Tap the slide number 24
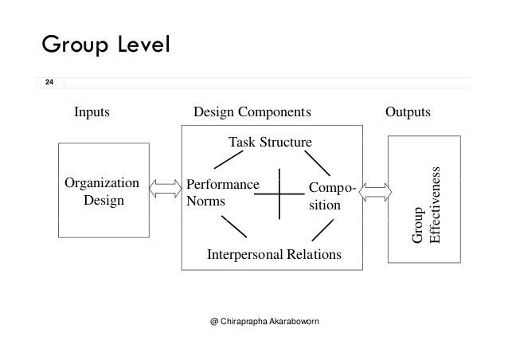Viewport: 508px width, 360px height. point(49,83)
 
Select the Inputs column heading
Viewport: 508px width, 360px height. point(92,113)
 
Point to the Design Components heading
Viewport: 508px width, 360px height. point(253,113)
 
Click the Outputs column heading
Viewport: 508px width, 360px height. point(407,113)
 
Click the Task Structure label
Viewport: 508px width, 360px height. point(270,143)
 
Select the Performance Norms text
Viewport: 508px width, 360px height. point(222,193)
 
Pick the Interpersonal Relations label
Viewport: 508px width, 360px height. point(274,255)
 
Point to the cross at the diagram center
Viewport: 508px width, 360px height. point(280,192)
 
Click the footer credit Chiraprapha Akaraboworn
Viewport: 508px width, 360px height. point(272,323)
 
